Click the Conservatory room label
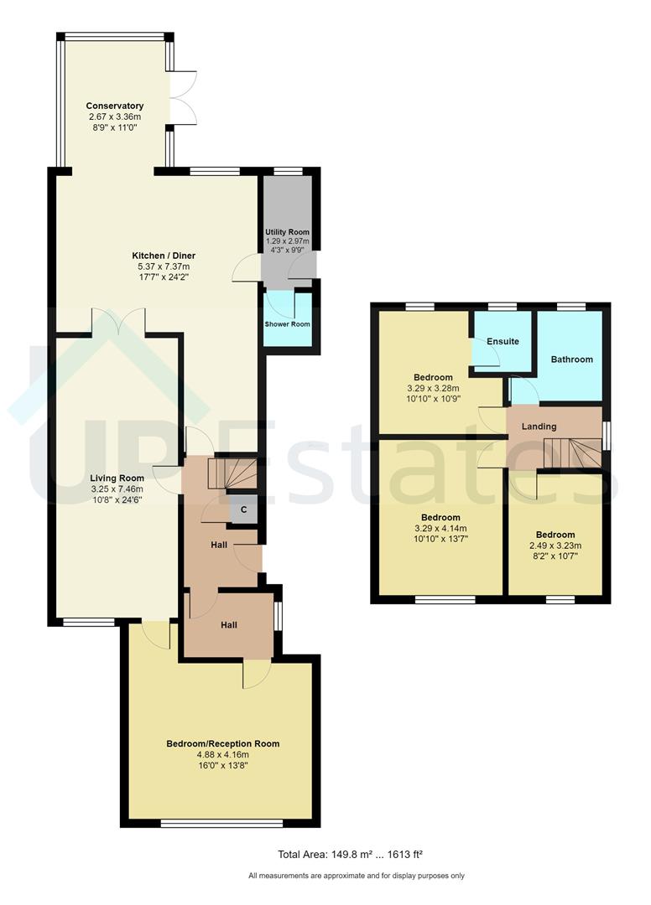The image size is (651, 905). click(115, 106)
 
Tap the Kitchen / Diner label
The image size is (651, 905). click(164, 255)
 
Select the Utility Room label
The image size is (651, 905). click(288, 231)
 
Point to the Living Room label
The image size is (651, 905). click(117, 478)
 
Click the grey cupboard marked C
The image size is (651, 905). click(243, 509)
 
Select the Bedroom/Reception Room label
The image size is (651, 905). click(222, 743)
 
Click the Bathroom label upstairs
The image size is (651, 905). click(571, 359)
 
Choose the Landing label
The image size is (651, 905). click(539, 427)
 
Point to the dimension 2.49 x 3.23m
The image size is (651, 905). click(555, 546)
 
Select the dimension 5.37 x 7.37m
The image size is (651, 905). click(164, 266)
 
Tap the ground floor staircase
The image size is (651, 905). click(228, 473)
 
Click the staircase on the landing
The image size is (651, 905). click(572, 452)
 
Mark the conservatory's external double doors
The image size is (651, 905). click(184, 98)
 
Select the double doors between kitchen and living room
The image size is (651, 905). click(118, 323)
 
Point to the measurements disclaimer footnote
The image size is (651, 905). click(356, 877)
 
